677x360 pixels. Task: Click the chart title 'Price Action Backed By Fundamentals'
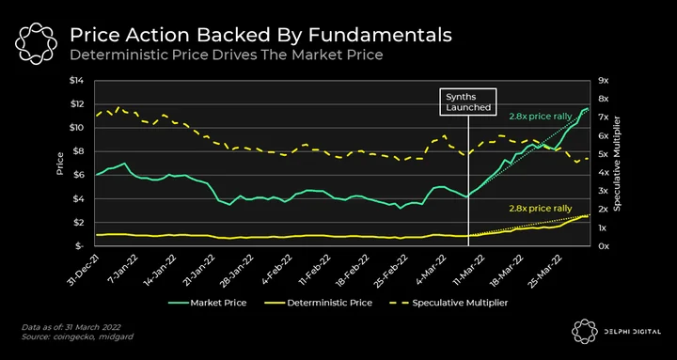click(260, 36)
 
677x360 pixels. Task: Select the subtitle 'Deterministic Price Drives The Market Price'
click(227, 55)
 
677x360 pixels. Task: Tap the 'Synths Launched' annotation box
click(468, 102)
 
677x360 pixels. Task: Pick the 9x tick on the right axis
click(603, 81)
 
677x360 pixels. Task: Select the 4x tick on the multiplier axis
click(603, 173)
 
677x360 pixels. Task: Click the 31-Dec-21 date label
click(86, 266)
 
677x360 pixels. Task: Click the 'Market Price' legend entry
click(207, 303)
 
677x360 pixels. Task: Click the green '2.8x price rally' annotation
click(540, 117)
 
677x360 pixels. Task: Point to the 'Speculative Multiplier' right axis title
click(618, 164)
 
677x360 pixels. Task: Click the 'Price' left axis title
click(59, 164)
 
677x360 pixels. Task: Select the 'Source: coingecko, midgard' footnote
click(77, 337)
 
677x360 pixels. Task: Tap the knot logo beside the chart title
click(37, 43)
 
